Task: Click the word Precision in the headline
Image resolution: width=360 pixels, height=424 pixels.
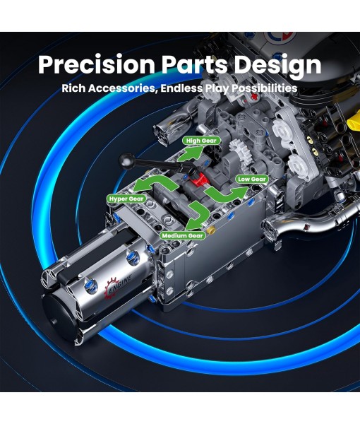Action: tap(97, 64)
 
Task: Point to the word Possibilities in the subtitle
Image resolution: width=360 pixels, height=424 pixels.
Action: tap(265, 88)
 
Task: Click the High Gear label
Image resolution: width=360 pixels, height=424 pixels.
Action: tap(201, 141)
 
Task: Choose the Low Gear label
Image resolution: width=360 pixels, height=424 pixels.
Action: tap(252, 179)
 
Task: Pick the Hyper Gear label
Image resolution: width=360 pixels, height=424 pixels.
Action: tap(126, 199)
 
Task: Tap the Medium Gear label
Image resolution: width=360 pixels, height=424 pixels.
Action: tap(183, 235)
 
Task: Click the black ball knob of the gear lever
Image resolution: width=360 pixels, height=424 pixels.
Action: tap(126, 160)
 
